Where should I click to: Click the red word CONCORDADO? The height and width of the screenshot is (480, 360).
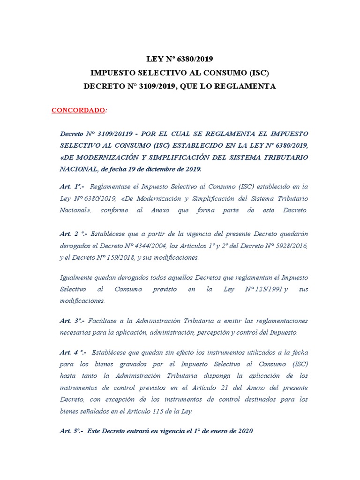tap(78, 110)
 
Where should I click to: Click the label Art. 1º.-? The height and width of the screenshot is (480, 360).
tap(72, 187)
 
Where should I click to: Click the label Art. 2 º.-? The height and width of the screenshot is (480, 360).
tap(73, 233)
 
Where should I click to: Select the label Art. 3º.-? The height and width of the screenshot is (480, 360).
tap(72, 321)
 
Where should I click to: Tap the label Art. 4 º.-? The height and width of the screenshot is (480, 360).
tap(73, 352)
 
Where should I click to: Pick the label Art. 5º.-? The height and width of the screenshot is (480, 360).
tap(72, 431)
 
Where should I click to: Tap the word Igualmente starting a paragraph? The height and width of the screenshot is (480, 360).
tap(77, 277)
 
